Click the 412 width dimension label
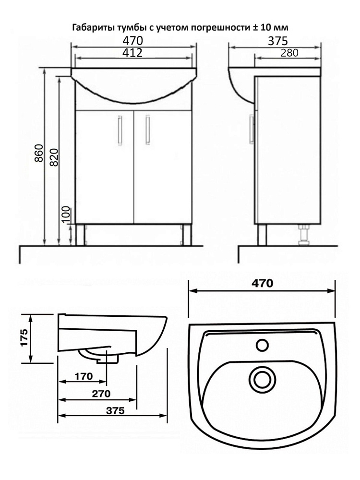point(132,53)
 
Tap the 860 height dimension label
point(39,153)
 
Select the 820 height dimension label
point(54,157)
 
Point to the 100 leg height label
point(66,215)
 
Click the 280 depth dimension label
point(289,53)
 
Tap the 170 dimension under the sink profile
point(84,376)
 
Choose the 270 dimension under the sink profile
point(101,394)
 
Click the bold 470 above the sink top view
point(263,284)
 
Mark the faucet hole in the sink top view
point(263,345)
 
